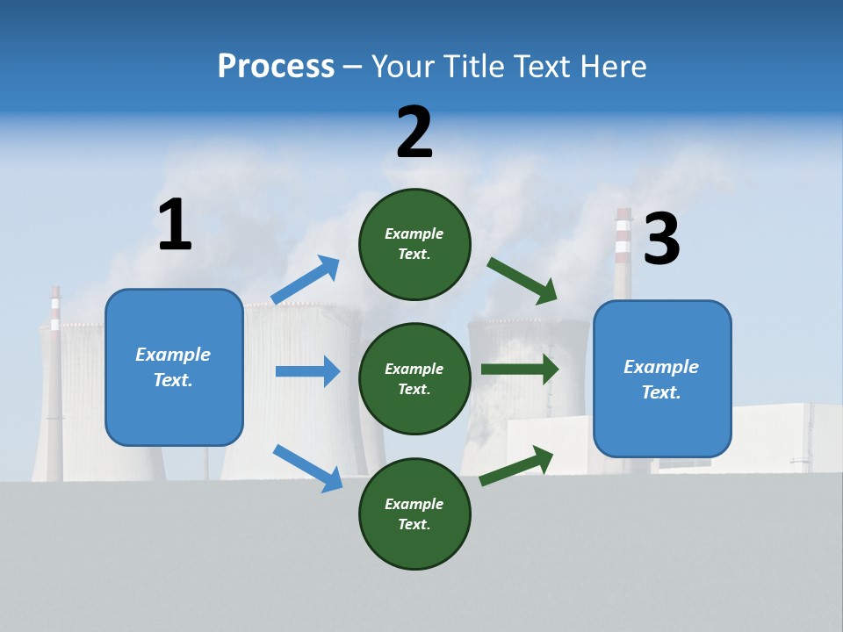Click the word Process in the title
coord(276,66)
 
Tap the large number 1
coord(175,225)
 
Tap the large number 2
coord(414,132)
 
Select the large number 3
coord(661,239)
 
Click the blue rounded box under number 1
coord(174,367)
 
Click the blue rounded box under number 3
coord(662,379)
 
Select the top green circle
coord(414,244)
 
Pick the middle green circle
coord(414,378)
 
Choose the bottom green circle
coord(414,513)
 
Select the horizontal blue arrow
coord(307,371)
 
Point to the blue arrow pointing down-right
coord(307,468)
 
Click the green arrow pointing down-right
coord(522,281)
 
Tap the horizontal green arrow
coord(520,369)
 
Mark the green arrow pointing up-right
coord(516,465)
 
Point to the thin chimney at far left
coord(55,386)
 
